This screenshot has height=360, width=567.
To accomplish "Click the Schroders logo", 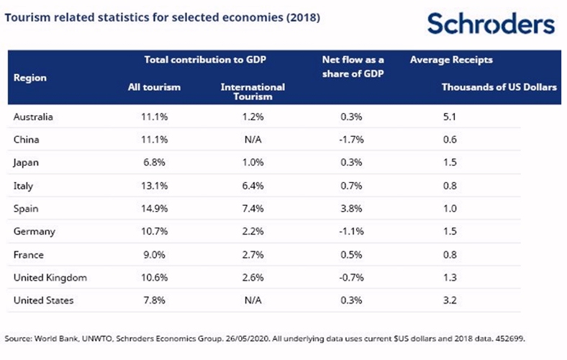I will coord(491,24).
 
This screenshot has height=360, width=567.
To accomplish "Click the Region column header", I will coord(30,77).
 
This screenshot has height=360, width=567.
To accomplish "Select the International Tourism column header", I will coord(253,91).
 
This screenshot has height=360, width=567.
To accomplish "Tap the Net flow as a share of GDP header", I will coord(353,66).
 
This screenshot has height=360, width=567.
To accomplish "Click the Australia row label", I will coord(34,117).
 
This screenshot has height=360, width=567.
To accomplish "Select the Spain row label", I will coord(27,207).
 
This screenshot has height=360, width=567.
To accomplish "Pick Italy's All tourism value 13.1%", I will coord(152,185).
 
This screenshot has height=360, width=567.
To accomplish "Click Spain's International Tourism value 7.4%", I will coord(253,207).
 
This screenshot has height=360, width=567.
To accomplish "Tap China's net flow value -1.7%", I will coord(352,140).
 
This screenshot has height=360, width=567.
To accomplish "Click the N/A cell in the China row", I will coord(253,140).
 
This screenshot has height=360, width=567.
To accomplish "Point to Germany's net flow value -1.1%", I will coord(352,230).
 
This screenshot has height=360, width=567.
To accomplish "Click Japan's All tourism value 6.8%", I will coord(152,162).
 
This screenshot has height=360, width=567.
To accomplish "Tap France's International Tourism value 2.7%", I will coord(253,253).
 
